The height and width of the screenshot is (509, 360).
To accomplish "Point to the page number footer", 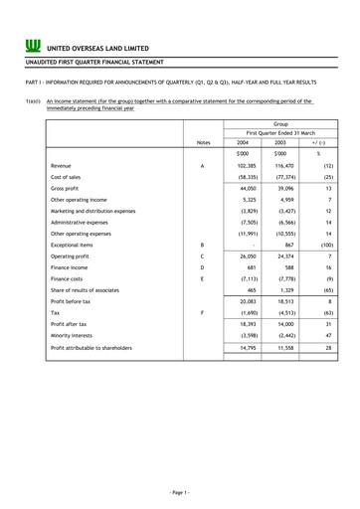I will click(180, 492).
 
